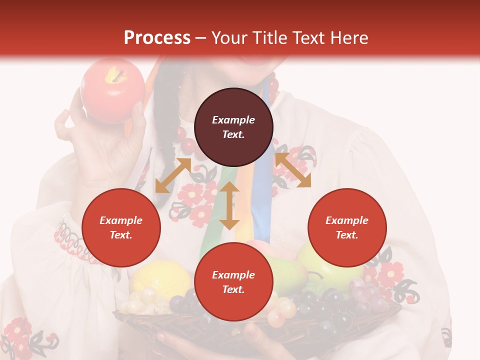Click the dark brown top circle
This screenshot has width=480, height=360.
click(x=233, y=127)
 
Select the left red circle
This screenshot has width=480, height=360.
click(x=121, y=227)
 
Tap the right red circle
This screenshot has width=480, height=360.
click(x=347, y=227)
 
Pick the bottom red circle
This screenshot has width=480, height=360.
click(x=233, y=282)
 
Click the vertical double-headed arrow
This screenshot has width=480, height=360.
click(x=229, y=205)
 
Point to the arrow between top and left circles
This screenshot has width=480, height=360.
click(x=173, y=175)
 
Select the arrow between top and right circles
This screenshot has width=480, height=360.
click(x=293, y=170)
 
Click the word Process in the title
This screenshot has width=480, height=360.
click(x=157, y=38)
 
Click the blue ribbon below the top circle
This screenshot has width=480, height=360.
click(x=262, y=200)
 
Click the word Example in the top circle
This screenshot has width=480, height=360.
click(x=233, y=120)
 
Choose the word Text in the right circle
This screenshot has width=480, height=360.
click(x=347, y=235)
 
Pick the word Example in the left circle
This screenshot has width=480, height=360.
click(x=121, y=220)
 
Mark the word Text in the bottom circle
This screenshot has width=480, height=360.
click(x=233, y=289)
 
